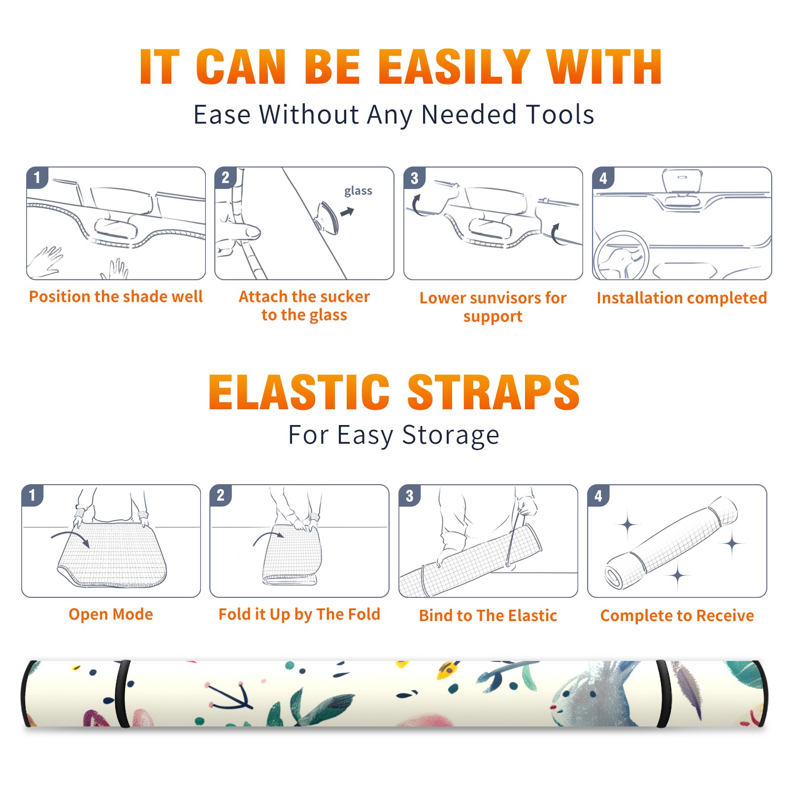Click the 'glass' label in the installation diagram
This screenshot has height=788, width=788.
click(358, 191)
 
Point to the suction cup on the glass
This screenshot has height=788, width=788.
click(328, 217)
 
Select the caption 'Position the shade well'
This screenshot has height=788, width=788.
click(116, 296)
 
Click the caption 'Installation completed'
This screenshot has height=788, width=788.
click(682, 297)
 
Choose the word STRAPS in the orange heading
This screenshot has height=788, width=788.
click(493, 392)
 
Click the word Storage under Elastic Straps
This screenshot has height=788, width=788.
click(451, 435)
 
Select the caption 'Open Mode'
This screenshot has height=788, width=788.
click(111, 614)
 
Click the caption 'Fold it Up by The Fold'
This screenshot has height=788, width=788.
click(299, 614)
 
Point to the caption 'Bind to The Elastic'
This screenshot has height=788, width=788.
click(488, 615)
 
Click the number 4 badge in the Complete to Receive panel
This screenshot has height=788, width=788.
click(598, 495)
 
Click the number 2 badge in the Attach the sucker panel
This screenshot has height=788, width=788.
click(226, 178)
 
